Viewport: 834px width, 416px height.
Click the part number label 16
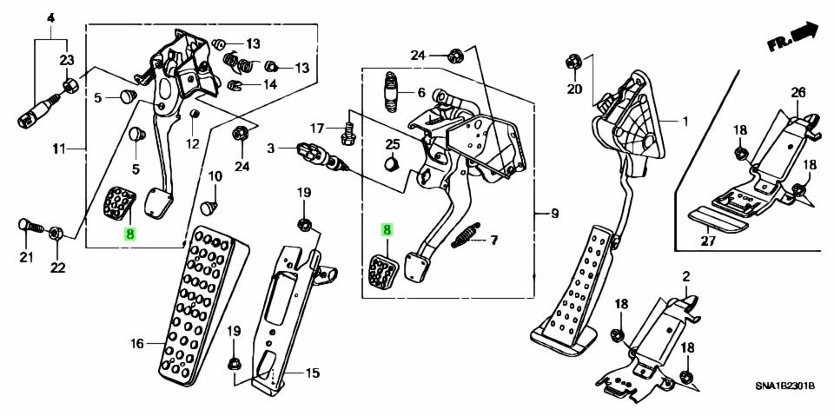(x=136, y=345)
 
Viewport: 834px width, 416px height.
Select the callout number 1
(x=684, y=122)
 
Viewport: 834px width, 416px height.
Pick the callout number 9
(x=545, y=213)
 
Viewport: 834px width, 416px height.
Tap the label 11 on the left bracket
(x=58, y=149)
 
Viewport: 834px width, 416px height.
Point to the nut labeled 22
(x=54, y=233)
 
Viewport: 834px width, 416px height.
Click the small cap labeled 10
(x=208, y=208)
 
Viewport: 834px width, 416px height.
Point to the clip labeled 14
(x=234, y=85)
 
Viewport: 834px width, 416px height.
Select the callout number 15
(x=312, y=374)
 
